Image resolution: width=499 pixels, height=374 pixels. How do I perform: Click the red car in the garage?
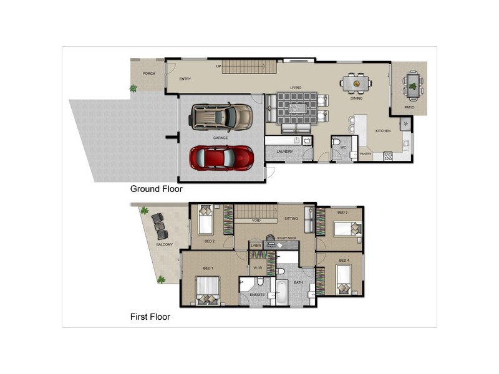pos(222,158)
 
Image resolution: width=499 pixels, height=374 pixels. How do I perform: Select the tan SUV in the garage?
pos(221,116)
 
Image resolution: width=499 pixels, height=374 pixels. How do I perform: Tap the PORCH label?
pos(148,74)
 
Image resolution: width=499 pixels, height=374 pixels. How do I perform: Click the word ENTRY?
pos(185,79)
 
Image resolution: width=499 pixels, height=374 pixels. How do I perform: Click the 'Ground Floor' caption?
pos(156,188)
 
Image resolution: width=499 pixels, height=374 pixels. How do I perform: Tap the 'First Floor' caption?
pos(150,317)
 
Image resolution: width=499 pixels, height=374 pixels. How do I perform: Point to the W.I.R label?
pos(256,269)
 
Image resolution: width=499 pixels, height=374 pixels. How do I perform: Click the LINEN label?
pos(256,246)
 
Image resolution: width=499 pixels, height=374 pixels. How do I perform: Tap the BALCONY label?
pos(164,244)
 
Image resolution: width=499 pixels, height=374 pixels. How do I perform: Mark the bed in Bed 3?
pos(344,229)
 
